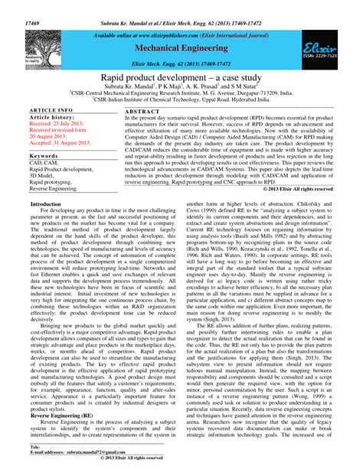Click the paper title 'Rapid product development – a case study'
[x=181, y=79]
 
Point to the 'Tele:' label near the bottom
[x=34, y=445]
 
